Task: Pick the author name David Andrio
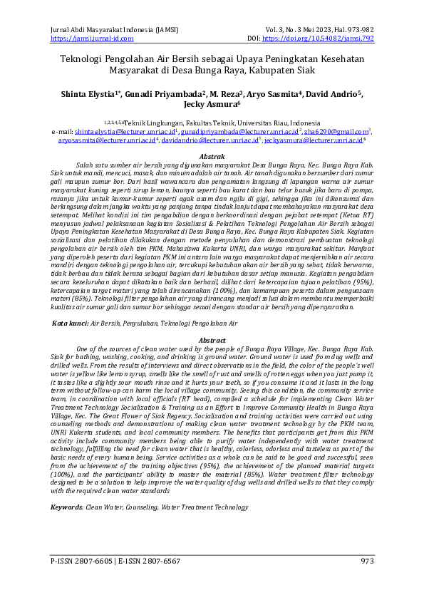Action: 331,93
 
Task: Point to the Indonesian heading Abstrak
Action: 212,156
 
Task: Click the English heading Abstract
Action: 212,341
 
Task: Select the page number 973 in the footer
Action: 368,562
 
